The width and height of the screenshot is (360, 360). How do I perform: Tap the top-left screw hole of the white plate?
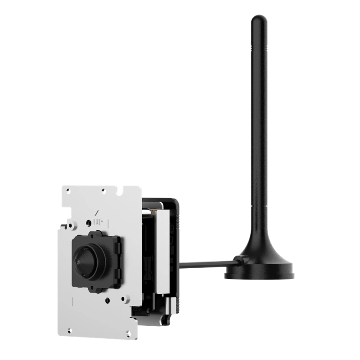pos(67,191)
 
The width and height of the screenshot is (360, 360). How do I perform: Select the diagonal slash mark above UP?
pos(97,212)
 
